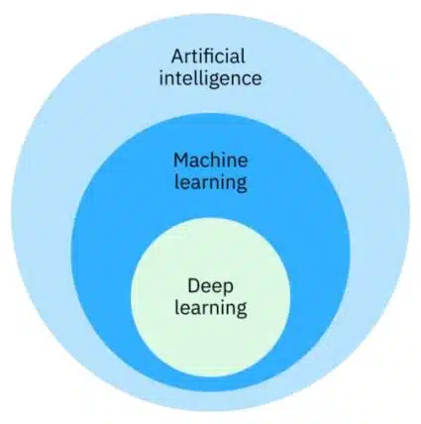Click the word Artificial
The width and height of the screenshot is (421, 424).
tap(208, 56)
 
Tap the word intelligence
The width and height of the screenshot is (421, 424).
tap(210, 79)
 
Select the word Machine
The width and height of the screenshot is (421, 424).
tap(211, 160)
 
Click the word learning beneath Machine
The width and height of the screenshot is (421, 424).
tap(211, 182)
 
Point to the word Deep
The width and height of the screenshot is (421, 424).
tap(210, 286)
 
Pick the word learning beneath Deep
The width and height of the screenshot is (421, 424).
tap(211, 308)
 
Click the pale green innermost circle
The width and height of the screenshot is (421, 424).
tap(210, 299)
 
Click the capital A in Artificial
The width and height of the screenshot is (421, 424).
tap(177, 56)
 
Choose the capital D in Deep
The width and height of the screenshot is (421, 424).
tap(194, 286)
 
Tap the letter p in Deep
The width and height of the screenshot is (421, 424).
tap(228, 289)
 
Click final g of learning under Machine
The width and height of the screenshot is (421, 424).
tap(241, 185)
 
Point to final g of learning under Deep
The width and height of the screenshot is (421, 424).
tap(241, 310)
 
